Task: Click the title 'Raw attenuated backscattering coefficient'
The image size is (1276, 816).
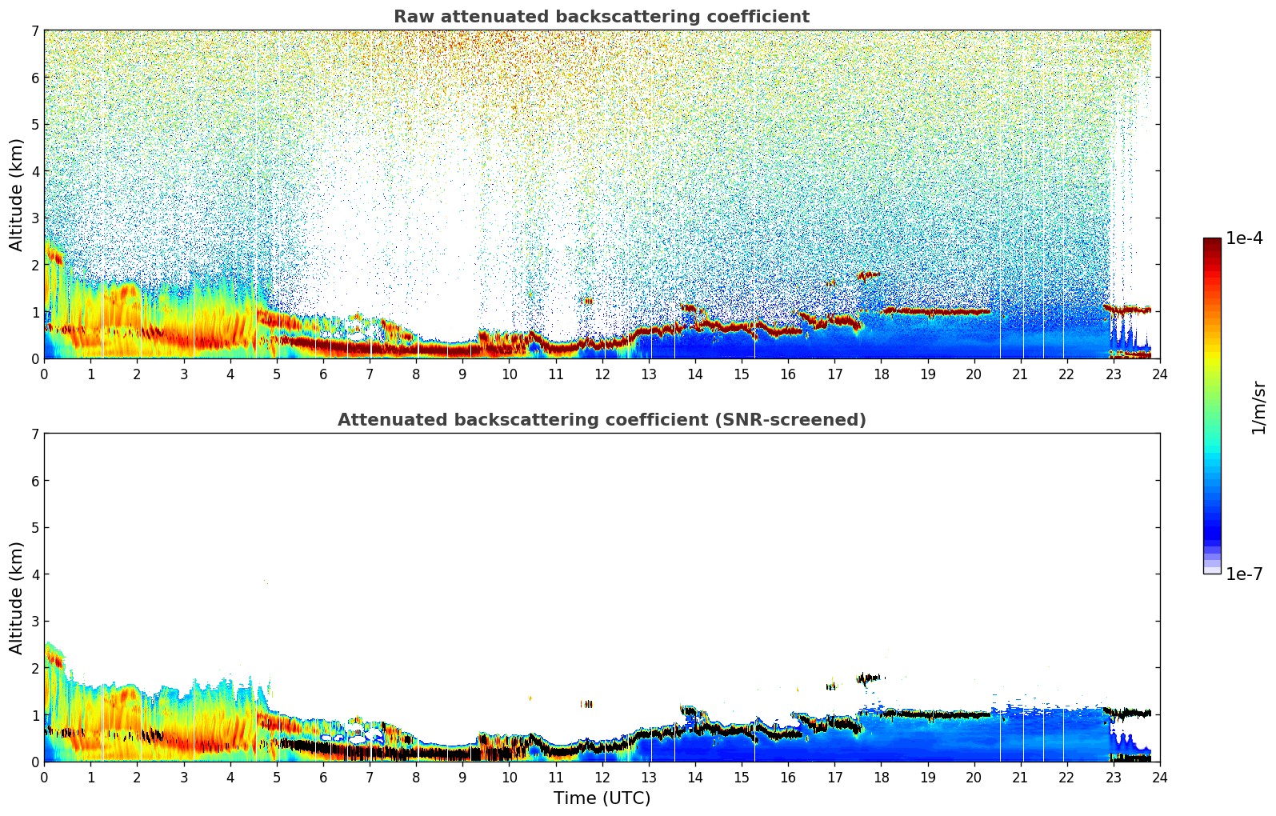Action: pyautogui.click(x=601, y=17)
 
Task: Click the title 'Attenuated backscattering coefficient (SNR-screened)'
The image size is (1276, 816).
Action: pyautogui.click(x=601, y=420)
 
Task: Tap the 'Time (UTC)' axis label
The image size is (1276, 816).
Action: pyautogui.click(x=602, y=798)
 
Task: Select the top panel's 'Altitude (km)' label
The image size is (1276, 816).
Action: pyautogui.click(x=17, y=194)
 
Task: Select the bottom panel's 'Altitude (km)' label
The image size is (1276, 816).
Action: pyautogui.click(x=17, y=598)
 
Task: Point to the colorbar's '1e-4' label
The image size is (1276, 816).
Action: pyautogui.click(x=1244, y=238)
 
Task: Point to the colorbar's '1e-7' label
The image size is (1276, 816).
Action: pyautogui.click(x=1244, y=574)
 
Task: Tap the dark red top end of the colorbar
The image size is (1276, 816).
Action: pyautogui.click(x=1212, y=241)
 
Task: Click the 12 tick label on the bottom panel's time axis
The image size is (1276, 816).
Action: pyautogui.click(x=602, y=778)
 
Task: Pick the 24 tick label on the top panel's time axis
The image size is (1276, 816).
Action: pyautogui.click(x=1159, y=374)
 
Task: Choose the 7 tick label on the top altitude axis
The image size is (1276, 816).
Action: pyautogui.click(x=34, y=30)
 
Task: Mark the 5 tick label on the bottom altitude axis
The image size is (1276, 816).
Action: pyautogui.click(x=34, y=527)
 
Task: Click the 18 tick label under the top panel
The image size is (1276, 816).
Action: pyautogui.click(x=881, y=374)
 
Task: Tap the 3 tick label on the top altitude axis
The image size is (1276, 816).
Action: pyautogui.click(x=34, y=218)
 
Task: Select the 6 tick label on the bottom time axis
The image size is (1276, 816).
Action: pyautogui.click(x=323, y=778)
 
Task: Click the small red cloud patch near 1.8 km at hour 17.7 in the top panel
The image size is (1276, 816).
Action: pyautogui.click(x=867, y=275)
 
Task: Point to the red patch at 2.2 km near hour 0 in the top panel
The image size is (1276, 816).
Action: pyautogui.click(x=54, y=256)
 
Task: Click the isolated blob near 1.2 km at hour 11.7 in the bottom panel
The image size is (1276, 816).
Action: pyautogui.click(x=587, y=704)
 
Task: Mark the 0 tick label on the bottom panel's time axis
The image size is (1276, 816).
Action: pyautogui.click(x=44, y=778)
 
